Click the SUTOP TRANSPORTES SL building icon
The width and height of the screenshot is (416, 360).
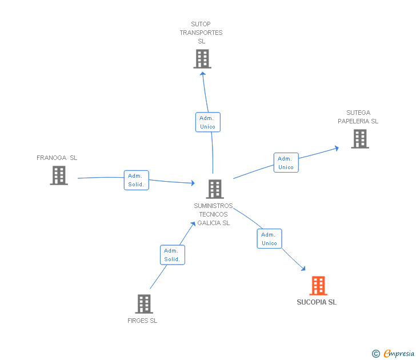point(202,59)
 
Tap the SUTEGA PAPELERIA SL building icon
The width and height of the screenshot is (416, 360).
point(359,139)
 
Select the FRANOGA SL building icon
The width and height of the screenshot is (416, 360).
point(59,175)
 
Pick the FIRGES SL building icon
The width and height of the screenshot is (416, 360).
point(143,304)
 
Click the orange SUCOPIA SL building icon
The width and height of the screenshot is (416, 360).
point(318,285)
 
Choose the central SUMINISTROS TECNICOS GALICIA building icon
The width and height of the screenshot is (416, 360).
point(214,189)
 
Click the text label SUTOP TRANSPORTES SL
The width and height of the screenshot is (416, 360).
point(201,33)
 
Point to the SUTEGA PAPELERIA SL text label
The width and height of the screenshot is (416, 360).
point(358,117)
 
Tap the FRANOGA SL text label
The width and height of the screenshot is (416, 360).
point(57,158)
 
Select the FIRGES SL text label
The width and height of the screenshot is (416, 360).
point(142,321)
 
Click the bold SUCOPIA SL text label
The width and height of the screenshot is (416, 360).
point(317,302)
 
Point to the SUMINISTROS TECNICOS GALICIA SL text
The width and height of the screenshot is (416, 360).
point(213,214)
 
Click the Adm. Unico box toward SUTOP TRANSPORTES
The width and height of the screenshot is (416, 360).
point(207,122)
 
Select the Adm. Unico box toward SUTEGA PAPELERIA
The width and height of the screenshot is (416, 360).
point(286,163)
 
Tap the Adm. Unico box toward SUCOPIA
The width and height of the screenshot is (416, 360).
point(269,239)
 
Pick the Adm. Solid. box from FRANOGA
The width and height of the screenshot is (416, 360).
point(137,180)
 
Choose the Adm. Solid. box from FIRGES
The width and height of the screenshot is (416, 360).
point(172,255)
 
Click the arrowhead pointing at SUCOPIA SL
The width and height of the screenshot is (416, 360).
point(303,268)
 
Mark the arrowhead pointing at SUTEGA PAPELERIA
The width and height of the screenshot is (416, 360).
point(337,148)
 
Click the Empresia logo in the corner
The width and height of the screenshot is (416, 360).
point(393,354)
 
